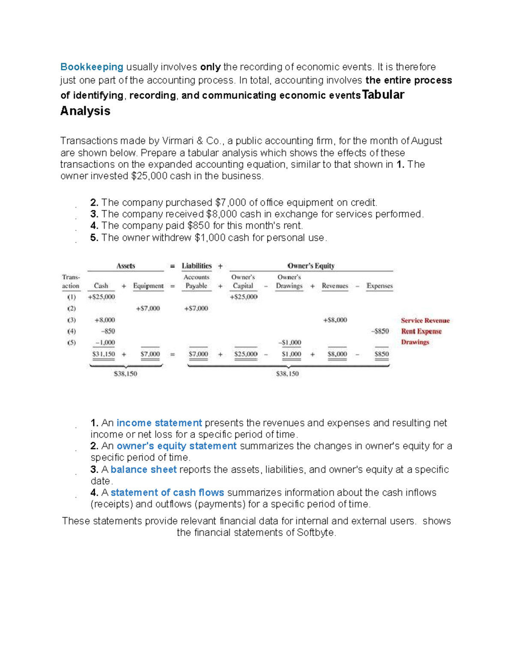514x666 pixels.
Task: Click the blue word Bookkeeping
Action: [x=92, y=67]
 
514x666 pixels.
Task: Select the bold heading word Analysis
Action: [x=85, y=111]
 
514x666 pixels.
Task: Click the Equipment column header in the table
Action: [x=148, y=286]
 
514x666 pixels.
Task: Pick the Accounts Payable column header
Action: [x=196, y=282]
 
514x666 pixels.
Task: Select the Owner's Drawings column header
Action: [x=289, y=282]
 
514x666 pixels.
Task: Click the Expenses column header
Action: [x=380, y=286]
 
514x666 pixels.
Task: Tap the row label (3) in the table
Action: [x=72, y=320]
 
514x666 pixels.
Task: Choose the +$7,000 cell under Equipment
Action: [x=148, y=308]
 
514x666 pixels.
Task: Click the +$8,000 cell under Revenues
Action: [x=335, y=320]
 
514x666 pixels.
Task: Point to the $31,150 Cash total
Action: [x=104, y=354]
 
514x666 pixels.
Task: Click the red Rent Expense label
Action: [x=421, y=331]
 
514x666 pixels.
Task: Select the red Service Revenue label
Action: [x=425, y=320]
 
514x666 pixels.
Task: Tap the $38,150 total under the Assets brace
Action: [x=126, y=374]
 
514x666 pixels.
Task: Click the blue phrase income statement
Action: [x=159, y=423]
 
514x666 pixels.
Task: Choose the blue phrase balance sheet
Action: [x=143, y=470]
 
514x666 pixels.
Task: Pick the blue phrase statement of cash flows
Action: [x=167, y=493]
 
